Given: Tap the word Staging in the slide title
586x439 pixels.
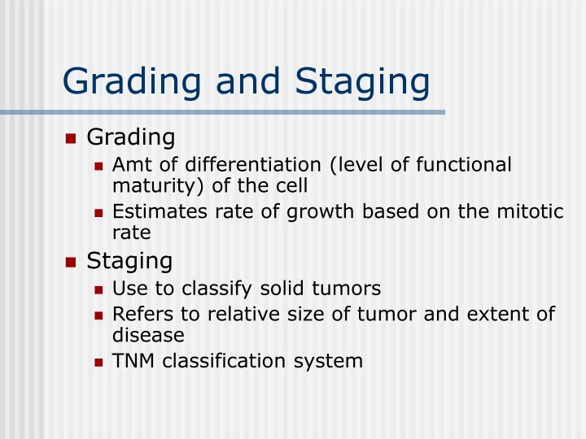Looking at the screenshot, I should click(x=363, y=82).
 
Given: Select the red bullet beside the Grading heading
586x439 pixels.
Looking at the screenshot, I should click(x=71, y=139).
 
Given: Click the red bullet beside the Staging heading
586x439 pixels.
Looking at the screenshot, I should click(x=71, y=263).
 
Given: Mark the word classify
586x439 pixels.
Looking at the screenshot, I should click(x=212, y=289).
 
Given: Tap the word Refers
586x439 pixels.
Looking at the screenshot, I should click(x=138, y=314).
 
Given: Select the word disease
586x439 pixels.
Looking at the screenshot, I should click(x=148, y=334).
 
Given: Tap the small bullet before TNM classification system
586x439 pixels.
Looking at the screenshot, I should click(x=99, y=361).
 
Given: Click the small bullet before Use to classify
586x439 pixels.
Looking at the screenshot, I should click(x=99, y=289).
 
